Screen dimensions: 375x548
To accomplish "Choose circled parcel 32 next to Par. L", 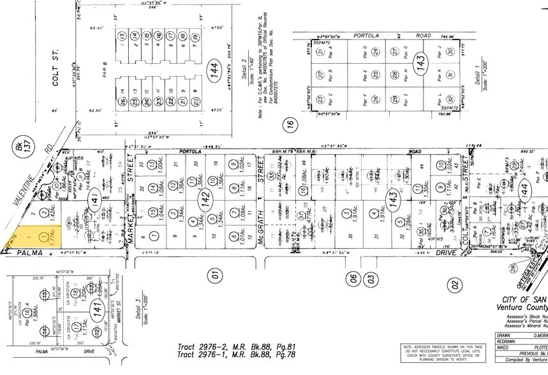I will pos(450,99).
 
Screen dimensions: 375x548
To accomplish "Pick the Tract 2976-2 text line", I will pos(233,346).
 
